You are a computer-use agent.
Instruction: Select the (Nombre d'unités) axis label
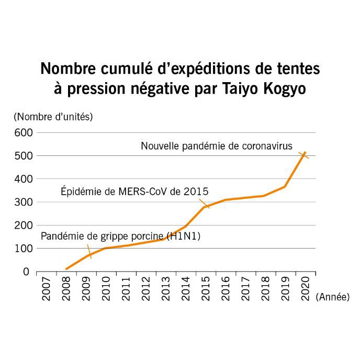coord(53,116)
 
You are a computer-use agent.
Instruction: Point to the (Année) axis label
coord(333,297)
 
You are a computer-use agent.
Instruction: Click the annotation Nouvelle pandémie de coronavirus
coord(217,147)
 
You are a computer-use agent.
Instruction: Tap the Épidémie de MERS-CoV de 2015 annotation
coord(131,192)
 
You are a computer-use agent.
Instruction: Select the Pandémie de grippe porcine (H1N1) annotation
coord(121,237)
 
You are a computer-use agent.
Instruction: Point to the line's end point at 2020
coord(305,152)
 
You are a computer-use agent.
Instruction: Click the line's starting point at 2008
coord(66,269)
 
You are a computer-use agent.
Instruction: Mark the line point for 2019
coord(285,187)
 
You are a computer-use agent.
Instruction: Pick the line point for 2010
coord(106,248)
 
